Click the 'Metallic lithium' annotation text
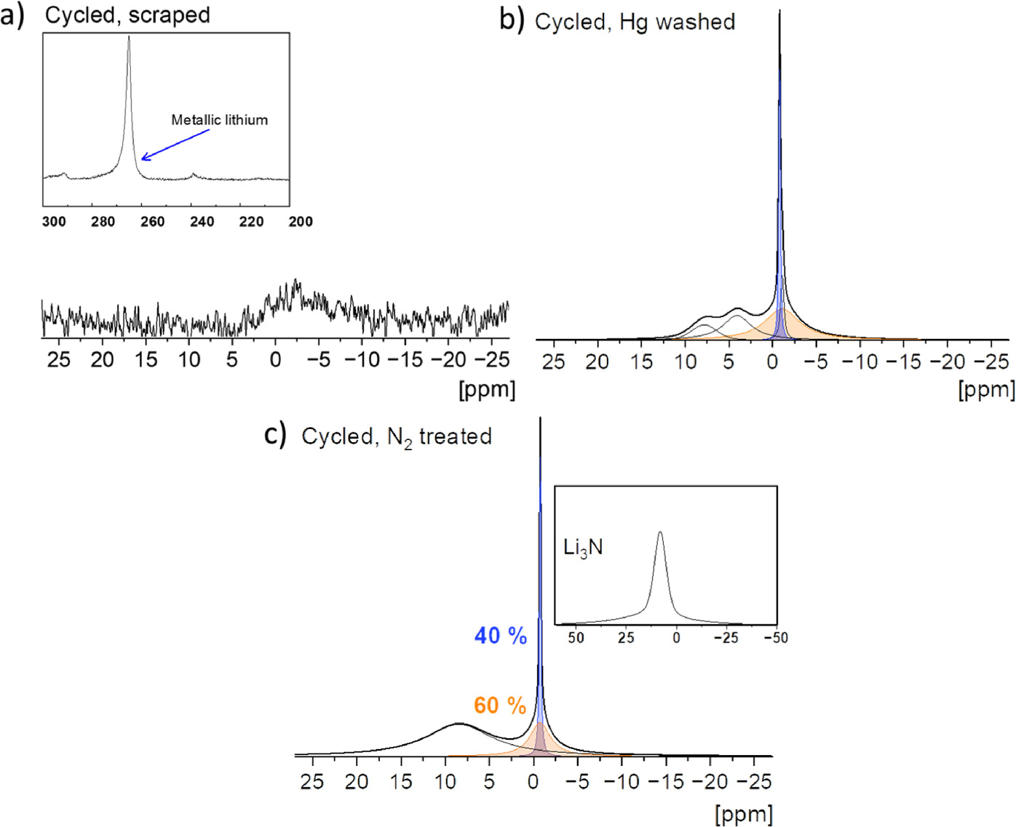click(219, 120)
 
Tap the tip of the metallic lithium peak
click(129, 37)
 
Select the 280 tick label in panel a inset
click(103, 222)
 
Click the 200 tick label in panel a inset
click(301, 222)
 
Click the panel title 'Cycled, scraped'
click(127, 15)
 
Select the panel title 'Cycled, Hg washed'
click(635, 23)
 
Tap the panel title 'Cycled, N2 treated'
click(397, 436)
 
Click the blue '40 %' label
click(500, 636)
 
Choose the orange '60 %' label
click(499, 706)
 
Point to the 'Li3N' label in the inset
click(583, 548)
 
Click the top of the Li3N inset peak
click(660, 533)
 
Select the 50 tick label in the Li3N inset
click(576, 638)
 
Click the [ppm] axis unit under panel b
click(986, 390)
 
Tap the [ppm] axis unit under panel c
click(744, 813)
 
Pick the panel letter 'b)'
click(512, 20)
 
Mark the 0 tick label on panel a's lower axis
click(275, 359)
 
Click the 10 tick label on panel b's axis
click(686, 361)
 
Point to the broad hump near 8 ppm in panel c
click(458, 724)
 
